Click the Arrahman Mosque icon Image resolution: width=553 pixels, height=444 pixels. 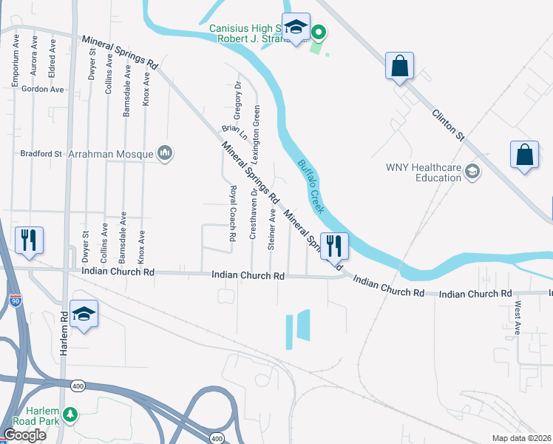pyautogui.click(x=164, y=154)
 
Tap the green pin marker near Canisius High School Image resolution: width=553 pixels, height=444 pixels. pyautogui.click(x=319, y=33)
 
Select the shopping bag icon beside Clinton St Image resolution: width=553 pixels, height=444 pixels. pyautogui.click(x=399, y=66)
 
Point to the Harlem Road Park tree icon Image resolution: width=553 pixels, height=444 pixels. pyautogui.click(x=70, y=414)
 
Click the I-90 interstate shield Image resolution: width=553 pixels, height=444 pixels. pyautogui.click(x=17, y=301)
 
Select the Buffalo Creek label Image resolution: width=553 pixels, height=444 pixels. pyautogui.click(x=311, y=188)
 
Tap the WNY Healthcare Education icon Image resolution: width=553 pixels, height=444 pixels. pyautogui.click(x=471, y=172)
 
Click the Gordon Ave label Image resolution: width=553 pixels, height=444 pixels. pyautogui.click(x=43, y=90)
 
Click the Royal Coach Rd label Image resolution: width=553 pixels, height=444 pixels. pyautogui.click(x=232, y=214)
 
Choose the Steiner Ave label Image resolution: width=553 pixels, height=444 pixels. pyautogui.click(x=272, y=229)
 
